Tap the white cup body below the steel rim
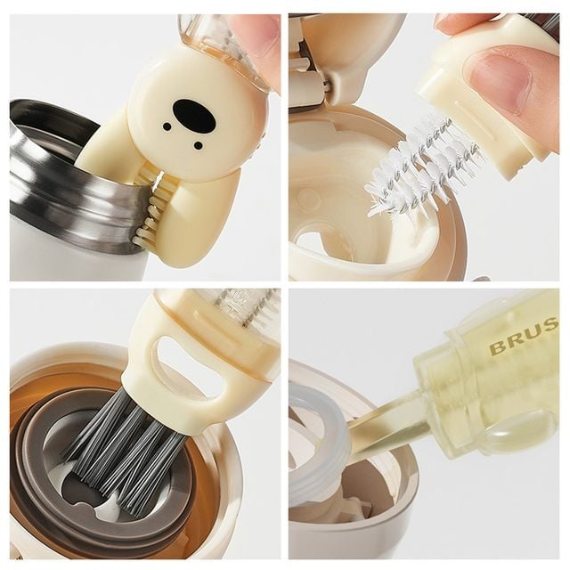tap(53, 258)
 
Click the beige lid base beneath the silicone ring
tap(356, 525)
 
